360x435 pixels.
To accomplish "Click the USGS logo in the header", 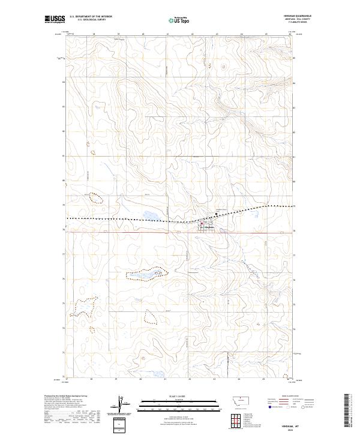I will tap(55, 19).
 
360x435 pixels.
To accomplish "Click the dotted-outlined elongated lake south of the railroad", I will tap(145, 274).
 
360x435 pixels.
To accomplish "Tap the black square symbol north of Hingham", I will tap(217, 215).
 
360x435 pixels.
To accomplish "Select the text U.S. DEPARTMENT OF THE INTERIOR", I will tap(91, 16).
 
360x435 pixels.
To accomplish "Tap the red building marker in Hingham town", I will tap(202, 225).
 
